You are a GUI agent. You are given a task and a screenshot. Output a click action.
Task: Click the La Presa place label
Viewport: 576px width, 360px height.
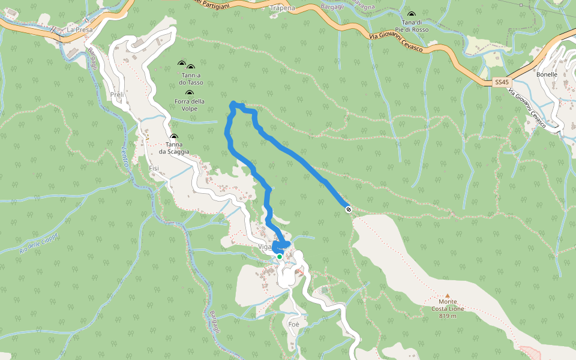tap(78, 29)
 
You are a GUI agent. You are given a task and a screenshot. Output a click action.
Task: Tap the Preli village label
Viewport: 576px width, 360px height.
tap(116, 95)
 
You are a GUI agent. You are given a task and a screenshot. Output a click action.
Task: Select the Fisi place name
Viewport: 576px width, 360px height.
tap(154, 168)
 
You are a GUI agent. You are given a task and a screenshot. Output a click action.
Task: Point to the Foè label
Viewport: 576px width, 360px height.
tap(293, 324)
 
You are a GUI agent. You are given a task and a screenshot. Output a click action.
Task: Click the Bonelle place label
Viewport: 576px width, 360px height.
tap(547, 74)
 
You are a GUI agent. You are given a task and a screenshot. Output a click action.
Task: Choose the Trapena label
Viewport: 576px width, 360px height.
tap(283, 8)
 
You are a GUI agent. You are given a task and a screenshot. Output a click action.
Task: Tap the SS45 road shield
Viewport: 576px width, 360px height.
tap(501, 82)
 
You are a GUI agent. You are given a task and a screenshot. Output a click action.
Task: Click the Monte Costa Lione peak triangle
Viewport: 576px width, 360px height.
tap(448, 295)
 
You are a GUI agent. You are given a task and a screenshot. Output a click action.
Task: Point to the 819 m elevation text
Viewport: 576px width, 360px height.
tap(448, 316)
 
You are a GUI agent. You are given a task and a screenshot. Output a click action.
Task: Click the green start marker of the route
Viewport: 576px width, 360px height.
tap(280, 257)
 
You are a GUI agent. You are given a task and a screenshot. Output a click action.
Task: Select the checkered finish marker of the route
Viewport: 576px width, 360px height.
tap(349, 209)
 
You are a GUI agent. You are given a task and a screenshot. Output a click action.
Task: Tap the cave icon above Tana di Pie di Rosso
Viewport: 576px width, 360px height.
tap(411, 14)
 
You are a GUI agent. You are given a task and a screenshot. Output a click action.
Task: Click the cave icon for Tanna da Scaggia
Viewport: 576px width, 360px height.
tap(174, 137)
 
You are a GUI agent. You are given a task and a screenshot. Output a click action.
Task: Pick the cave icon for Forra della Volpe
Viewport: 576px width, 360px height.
tap(190, 93)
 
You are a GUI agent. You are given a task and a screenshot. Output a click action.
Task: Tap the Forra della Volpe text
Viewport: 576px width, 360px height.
tap(190, 105)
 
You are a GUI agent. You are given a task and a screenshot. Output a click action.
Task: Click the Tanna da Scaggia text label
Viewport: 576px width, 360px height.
tap(174, 148)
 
